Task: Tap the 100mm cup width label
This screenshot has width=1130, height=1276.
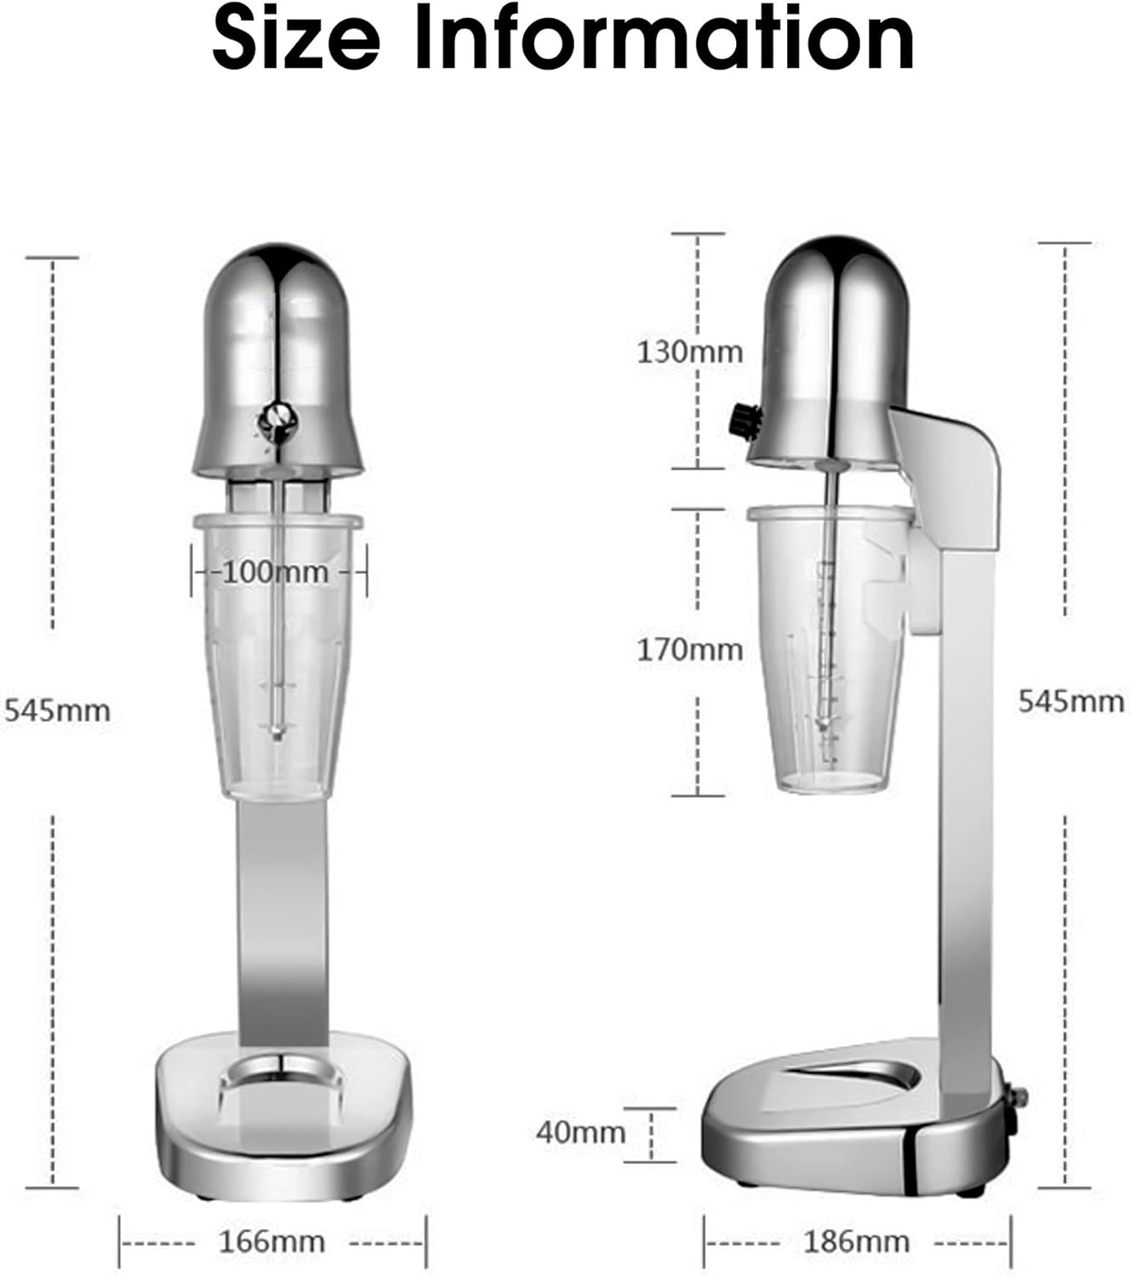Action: (275, 572)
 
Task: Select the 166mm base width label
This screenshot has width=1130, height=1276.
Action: (272, 1241)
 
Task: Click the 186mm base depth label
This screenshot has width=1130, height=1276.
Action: (856, 1241)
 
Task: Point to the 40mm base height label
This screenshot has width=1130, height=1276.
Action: (580, 1132)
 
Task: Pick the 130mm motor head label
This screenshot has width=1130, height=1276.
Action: (689, 351)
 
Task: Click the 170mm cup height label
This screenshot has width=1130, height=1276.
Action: (689, 650)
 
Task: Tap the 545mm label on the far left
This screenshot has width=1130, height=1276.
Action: (57, 709)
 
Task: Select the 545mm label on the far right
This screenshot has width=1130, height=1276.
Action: (1071, 702)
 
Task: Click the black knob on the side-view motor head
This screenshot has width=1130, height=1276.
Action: (743, 421)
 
